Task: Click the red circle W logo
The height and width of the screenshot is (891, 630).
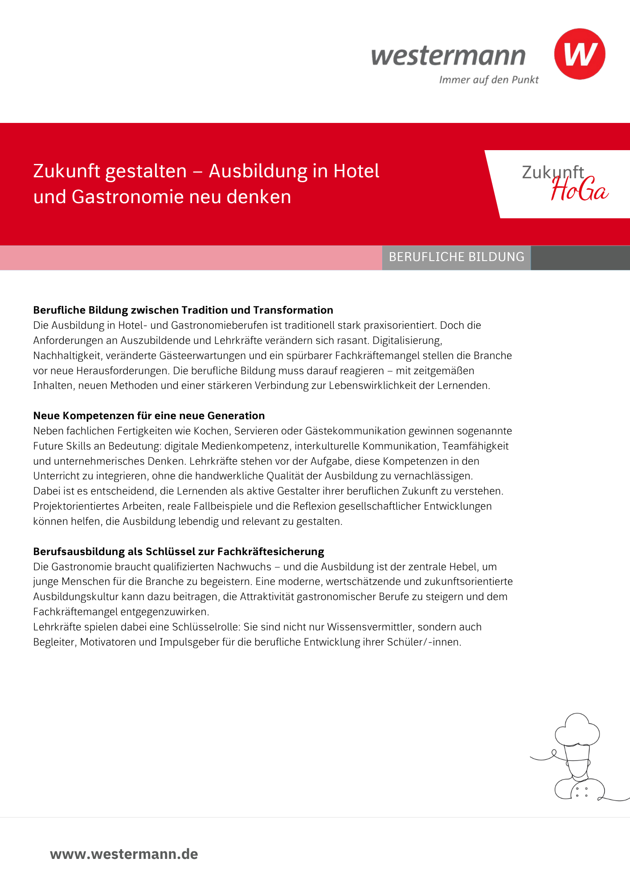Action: tap(579, 54)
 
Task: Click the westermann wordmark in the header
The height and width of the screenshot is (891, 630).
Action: tap(448, 56)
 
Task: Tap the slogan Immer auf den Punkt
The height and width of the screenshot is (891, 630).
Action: tap(489, 80)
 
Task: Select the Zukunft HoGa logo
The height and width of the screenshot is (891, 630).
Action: tap(565, 183)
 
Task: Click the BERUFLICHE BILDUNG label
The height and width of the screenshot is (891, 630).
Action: tap(456, 257)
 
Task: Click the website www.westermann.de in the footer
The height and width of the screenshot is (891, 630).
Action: tap(124, 854)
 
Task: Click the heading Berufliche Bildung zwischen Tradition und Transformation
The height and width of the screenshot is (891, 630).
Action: tap(183, 310)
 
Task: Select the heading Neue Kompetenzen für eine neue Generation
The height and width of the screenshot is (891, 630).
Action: tap(149, 416)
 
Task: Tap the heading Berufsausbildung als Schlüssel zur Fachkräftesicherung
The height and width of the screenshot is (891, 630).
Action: tap(179, 552)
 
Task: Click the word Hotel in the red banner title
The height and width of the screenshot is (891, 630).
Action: tap(356, 172)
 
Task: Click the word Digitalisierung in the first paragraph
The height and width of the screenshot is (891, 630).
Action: tap(407, 341)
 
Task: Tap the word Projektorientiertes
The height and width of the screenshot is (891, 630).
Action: tap(76, 507)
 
